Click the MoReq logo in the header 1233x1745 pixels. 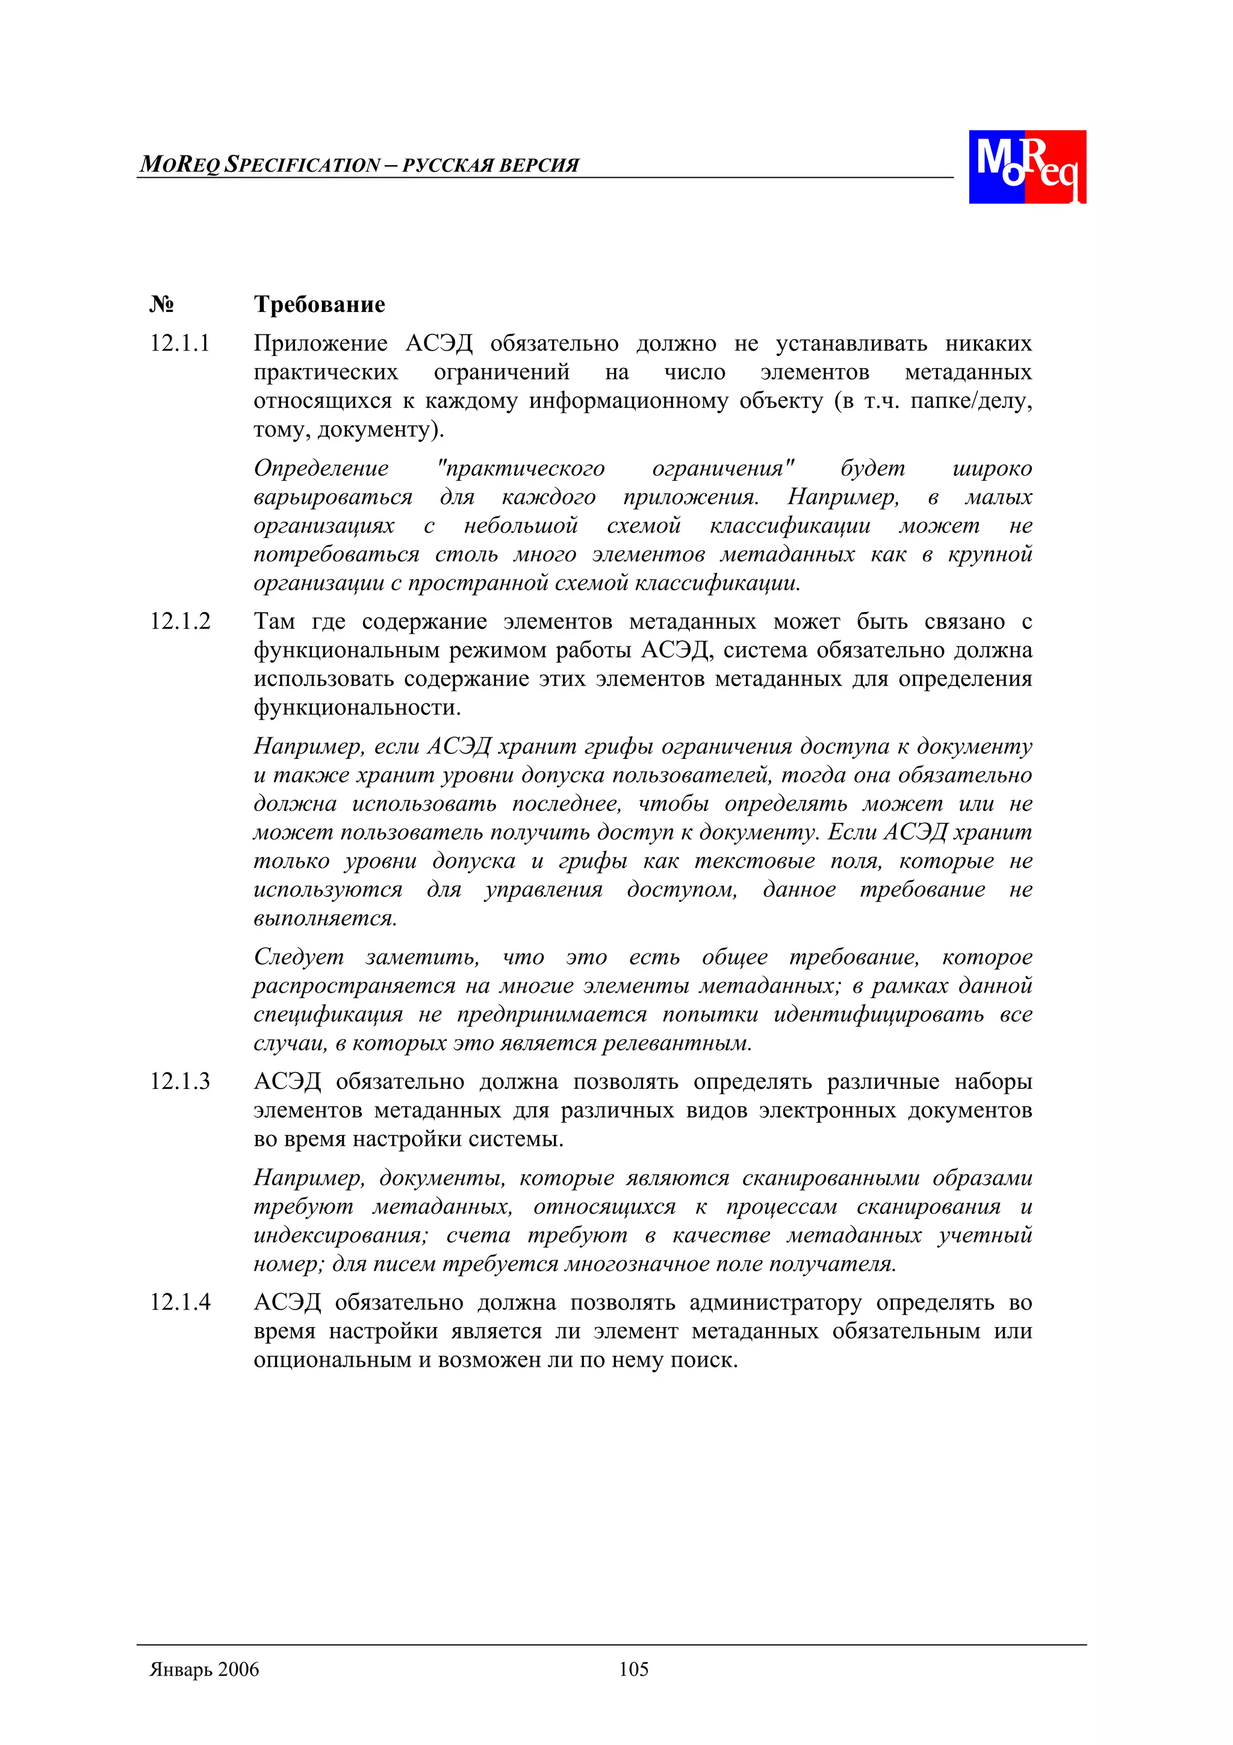coord(1026,166)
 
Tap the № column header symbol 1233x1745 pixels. coord(161,305)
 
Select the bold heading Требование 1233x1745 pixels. coord(319,305)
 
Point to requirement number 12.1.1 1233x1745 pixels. coord(179,343)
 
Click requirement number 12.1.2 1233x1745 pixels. coord(179,622)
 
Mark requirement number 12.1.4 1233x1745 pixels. coord(179,1303)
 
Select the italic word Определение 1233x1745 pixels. coord(321,468)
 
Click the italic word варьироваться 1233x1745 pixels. coord(333,497)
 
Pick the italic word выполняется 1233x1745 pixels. coord(325,918)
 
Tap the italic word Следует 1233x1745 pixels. coord(299,957)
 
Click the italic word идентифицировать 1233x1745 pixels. coord(879,1014)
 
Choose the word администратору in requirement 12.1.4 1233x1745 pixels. coord(775,1303)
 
